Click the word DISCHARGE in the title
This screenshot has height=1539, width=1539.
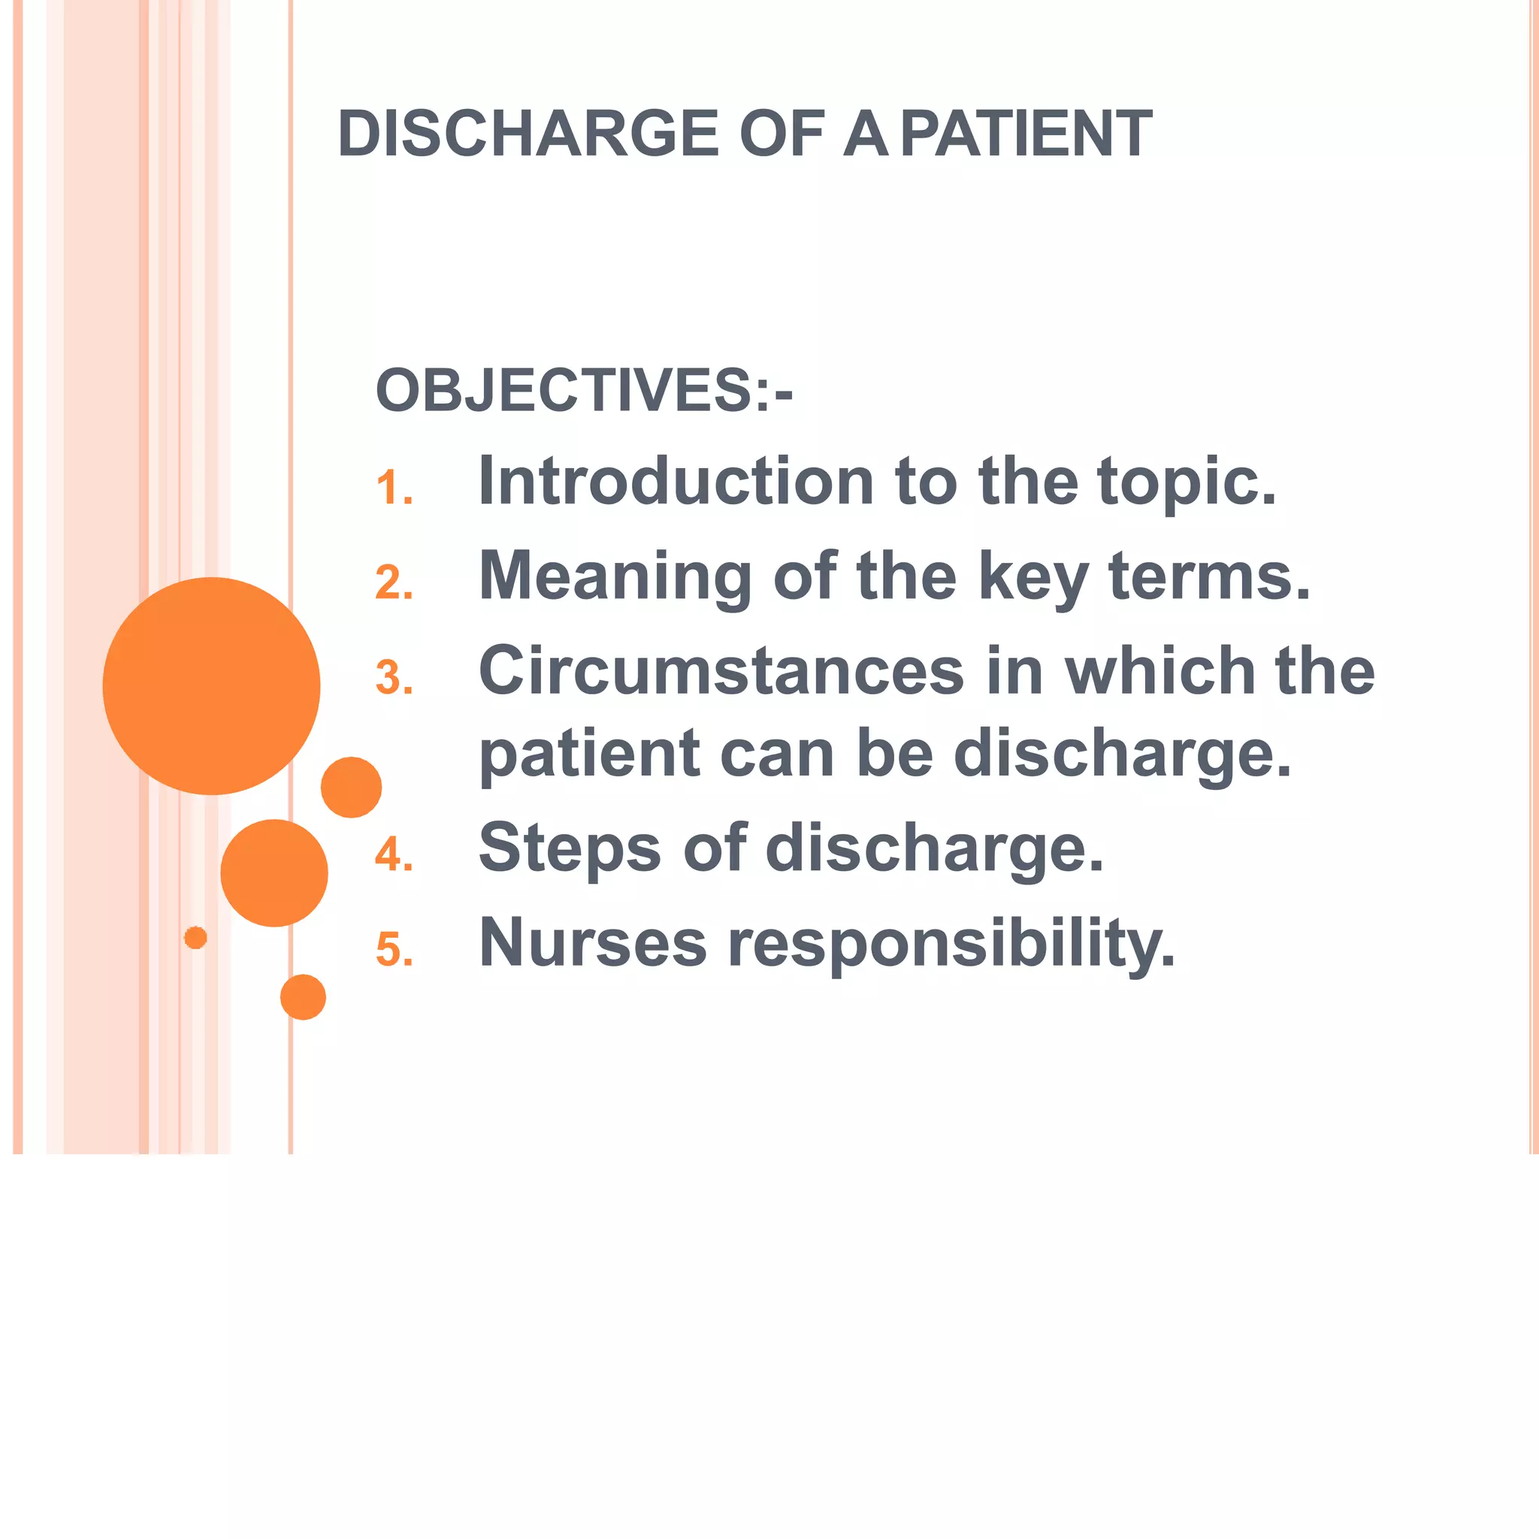point(528,134)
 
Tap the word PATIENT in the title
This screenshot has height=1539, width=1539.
point(1027,134)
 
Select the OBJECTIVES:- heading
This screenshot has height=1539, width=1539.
point(584,390)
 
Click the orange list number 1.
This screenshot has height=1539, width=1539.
point(394,488)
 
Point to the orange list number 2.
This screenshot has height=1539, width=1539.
point(394,583)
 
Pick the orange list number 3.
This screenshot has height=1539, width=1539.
point(394,678)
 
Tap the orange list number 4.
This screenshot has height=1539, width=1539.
point(394,854)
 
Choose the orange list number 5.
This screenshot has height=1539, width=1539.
point(394,951)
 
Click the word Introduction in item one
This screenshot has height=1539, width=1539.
point(676,481)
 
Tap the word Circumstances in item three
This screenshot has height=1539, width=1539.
point(721,671)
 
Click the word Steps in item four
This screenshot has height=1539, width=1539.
point(570,849)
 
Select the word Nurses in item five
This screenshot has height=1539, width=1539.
point(593,943)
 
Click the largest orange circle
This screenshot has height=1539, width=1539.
point(211,686)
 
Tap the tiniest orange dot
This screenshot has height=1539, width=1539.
point(195,938)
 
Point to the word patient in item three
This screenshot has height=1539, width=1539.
point(589,755)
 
